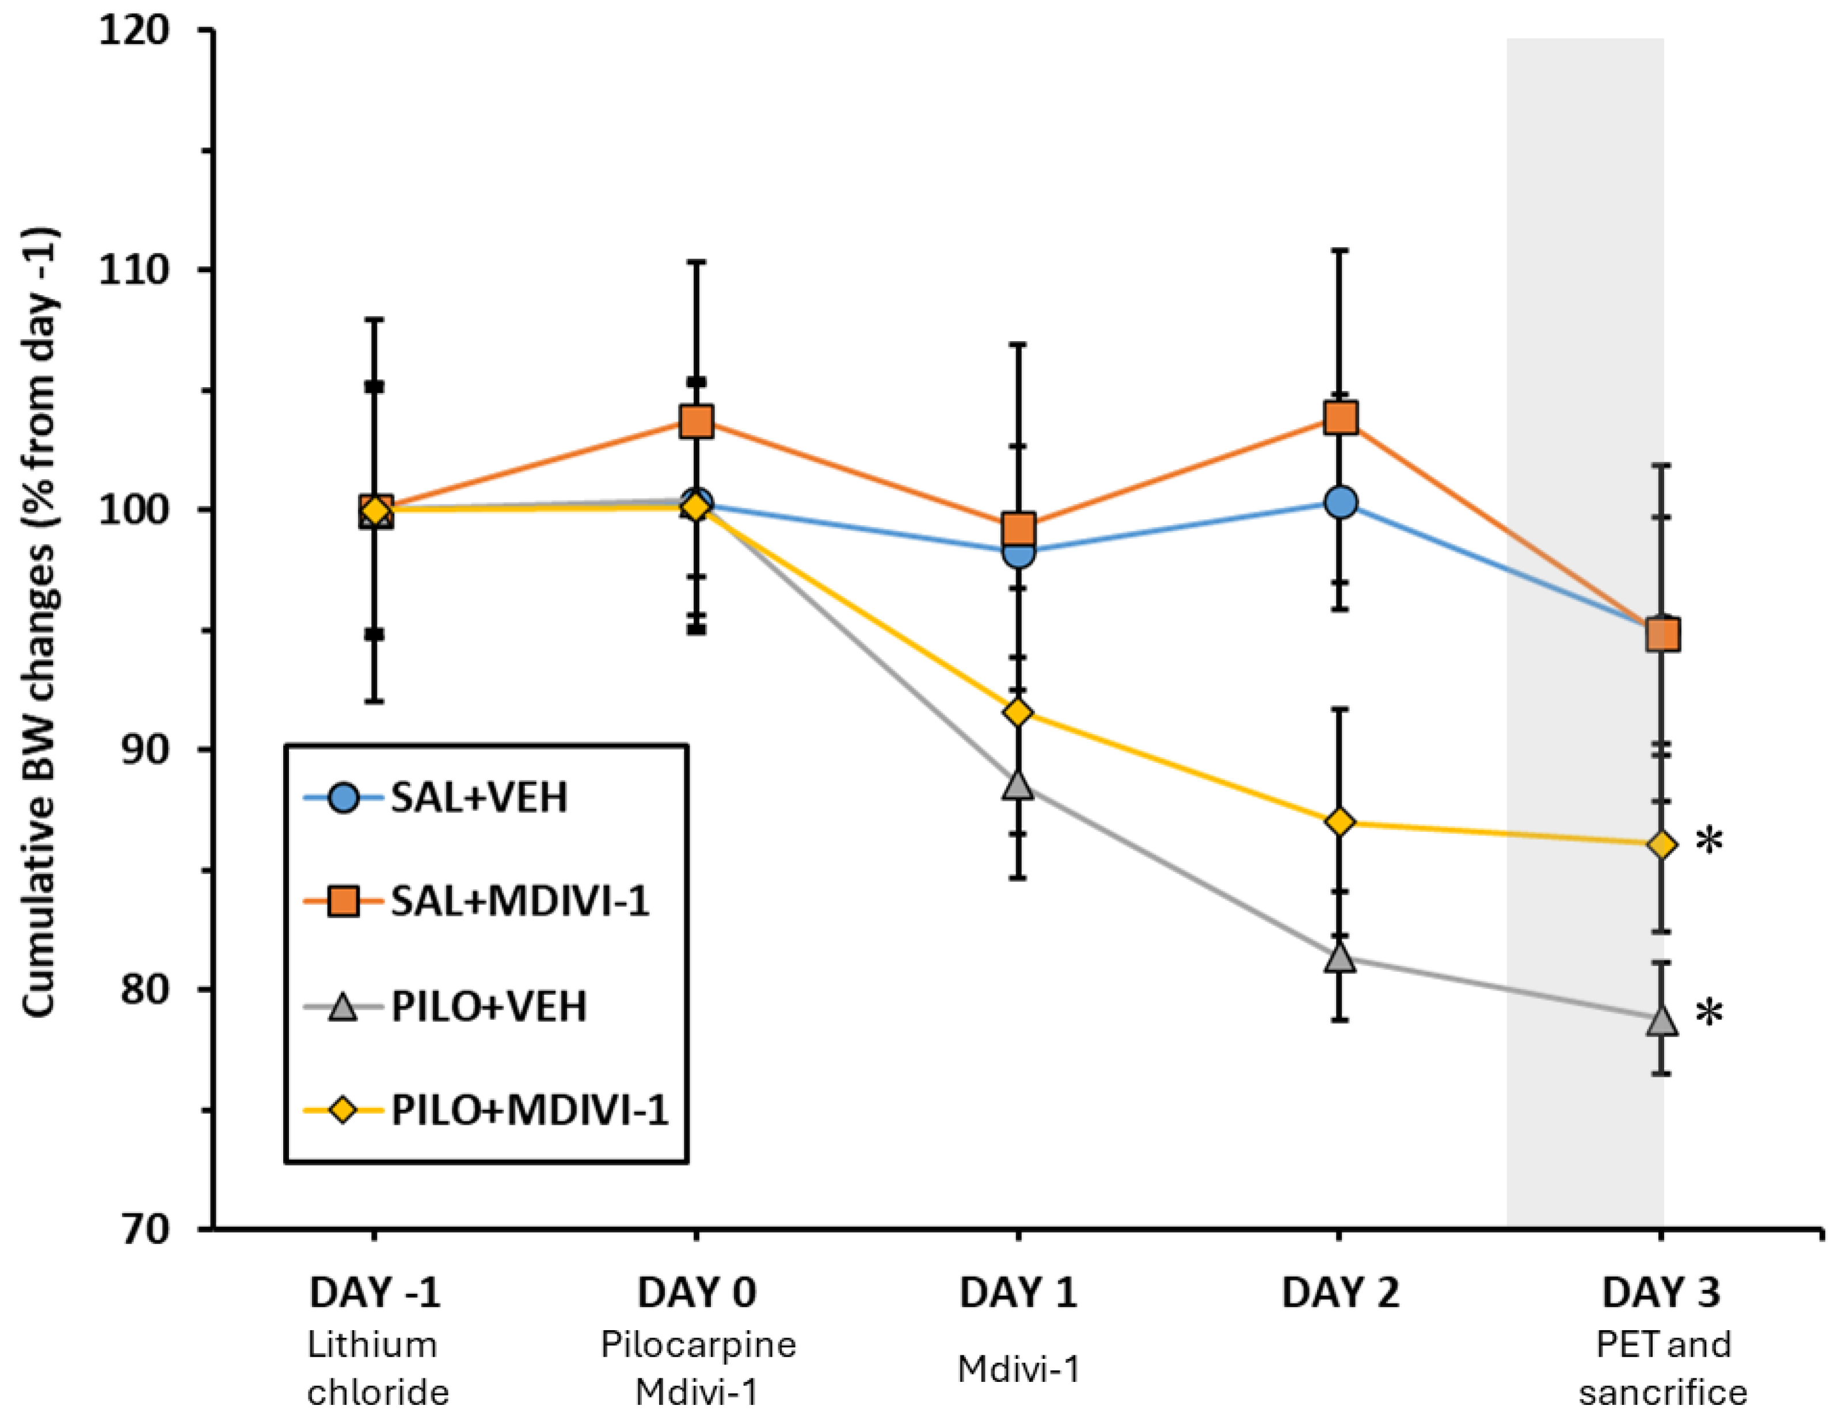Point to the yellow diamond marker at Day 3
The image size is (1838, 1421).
pos(1662,845)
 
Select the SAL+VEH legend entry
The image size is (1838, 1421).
pos(478,797)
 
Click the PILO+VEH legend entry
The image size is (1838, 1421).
pos(488,1007)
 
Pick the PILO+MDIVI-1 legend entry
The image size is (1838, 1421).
pos(528,1110)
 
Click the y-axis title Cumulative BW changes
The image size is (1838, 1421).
pos(39,622)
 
